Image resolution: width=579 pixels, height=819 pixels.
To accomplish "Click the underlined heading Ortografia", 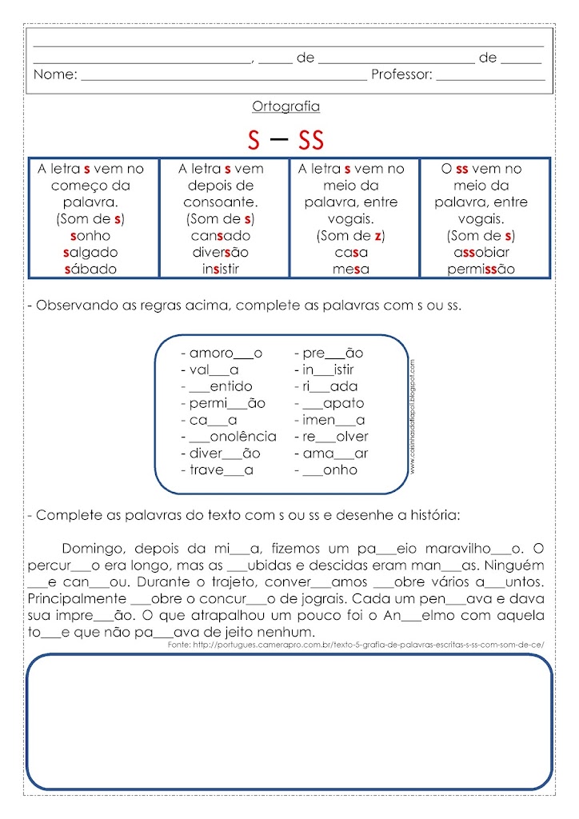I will coord(286,106).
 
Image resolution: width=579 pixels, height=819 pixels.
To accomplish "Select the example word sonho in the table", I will coord(90,236).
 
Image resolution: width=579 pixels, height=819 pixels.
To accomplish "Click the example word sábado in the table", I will coord(90,270).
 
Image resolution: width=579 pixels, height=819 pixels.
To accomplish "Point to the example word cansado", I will coord(220,236).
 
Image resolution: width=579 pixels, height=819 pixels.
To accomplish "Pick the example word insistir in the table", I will coord(220,270).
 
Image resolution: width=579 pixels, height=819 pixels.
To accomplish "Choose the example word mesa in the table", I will coord(351,270).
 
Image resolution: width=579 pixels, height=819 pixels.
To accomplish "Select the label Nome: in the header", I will coord(55,75).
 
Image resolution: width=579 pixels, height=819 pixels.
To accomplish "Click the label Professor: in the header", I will coord(401,75).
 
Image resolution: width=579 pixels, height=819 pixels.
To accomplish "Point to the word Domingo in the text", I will coord(88,548).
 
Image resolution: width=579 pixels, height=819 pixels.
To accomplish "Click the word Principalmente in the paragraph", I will coord(77,598).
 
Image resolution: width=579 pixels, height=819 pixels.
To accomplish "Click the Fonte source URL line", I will coord(356,645).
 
